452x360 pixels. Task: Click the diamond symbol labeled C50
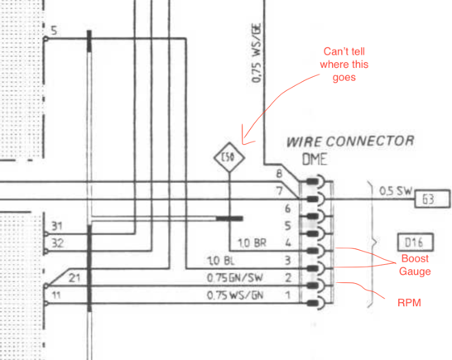(x=229, y=157)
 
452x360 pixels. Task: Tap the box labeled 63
(x=432, y=199)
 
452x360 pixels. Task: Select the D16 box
(x=415, y=242)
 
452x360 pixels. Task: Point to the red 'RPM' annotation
(x=409, y=303)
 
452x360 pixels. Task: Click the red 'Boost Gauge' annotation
(x=415, y=265)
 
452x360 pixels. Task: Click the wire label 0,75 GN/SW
(x=234, y=278)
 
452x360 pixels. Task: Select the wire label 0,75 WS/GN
(x=235, y=295)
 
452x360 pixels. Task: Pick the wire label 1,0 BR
(x=252, y=243)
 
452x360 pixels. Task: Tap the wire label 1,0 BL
(x=220, y=261)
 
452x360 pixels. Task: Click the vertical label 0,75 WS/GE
(x=257, y=53)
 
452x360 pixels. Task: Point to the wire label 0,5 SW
(x=396, y=190)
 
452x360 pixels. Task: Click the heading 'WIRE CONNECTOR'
(x=350, y=142)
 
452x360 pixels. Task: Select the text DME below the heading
(x=315, y=160)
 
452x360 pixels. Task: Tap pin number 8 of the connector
(x=279, y=174)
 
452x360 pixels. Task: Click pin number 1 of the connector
(x=287, y=295)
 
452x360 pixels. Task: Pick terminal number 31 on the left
(x=57, y=226)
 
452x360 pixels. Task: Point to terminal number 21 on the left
(x=75, y=278)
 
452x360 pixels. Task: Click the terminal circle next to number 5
(x=46, y=38)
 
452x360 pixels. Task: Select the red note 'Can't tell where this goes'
(x=344, y=65)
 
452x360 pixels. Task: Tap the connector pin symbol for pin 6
(x=316, y=216)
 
